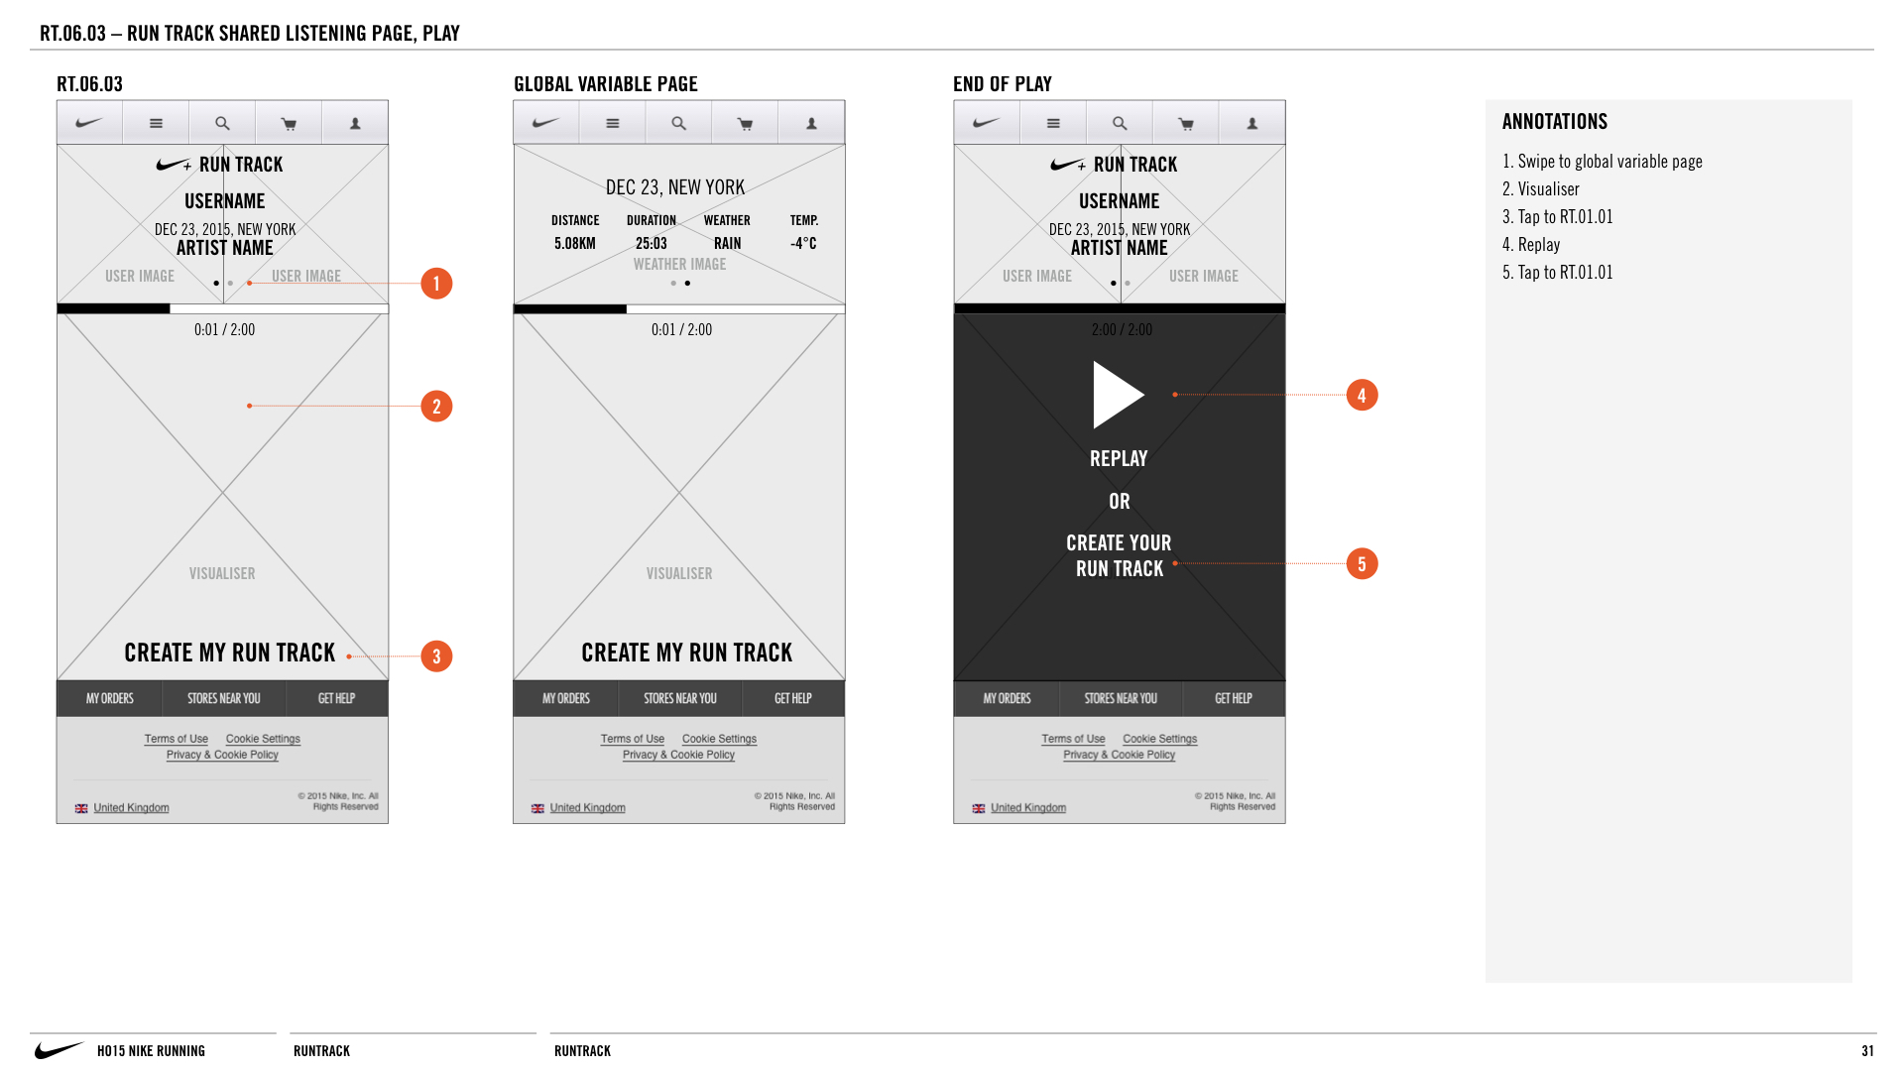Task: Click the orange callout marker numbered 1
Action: pyautogui.click(x=436, y=284)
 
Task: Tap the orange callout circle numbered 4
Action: pyautogui.click(x=1362, y=396)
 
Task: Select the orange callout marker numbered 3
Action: pyautogui.click(x=436, y=656)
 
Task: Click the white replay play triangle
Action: pyautogui.click(x=1118, y=395)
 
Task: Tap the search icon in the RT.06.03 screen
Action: pyautogui.click(x=222, y=124)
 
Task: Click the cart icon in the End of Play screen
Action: pyautogui.click(x=1185, y=124)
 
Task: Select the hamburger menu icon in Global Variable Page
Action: pyautogui.click(x=613, y=124)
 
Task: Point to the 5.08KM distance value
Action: pyautogui.click(x=575, y=244)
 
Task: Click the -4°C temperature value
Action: pyautogui.click(x=803, y=244)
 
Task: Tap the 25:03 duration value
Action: pyautogui.click(x=652, y=244)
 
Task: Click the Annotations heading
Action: pyautogui.click(x=1555, y=122)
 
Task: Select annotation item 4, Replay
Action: pyautogui.click(x=1531, y=245)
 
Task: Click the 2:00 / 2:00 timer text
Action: pyautogui.click(x=1122, y=330)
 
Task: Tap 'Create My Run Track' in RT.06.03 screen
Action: pyautogui.click(x=230, y=653)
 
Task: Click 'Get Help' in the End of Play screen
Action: pyautogui.click(x=1234, y=699)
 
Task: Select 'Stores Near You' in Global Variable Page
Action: pyautogui.click(x=680, y=699)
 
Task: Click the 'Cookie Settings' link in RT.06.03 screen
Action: pyautogui.click(x=263, y=739)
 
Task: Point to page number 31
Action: pyautogui.click(x=1868, y=1051)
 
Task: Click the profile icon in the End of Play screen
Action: pyautogui.click(x=1252, y=124)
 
